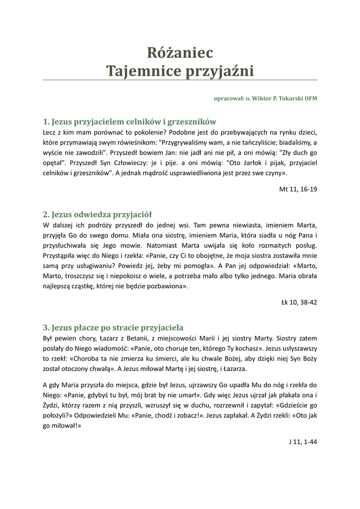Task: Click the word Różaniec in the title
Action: pyautogui.click(x=180, y=52)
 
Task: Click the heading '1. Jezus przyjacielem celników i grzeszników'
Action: pyautogui.click(x=129, y=122)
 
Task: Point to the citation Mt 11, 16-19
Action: pyautogui.click(x=298, y=190)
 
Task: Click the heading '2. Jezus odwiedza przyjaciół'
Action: pyautogui.click(x=97, y=215)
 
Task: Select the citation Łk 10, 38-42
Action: pyautogui.click(x=299, y=302)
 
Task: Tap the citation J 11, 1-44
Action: pyautogui.click(x=302, y=441)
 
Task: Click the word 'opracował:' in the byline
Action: pyautogui.click(x=227, y=98)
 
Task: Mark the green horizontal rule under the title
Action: pyautogui.click(x=180, y=80)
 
